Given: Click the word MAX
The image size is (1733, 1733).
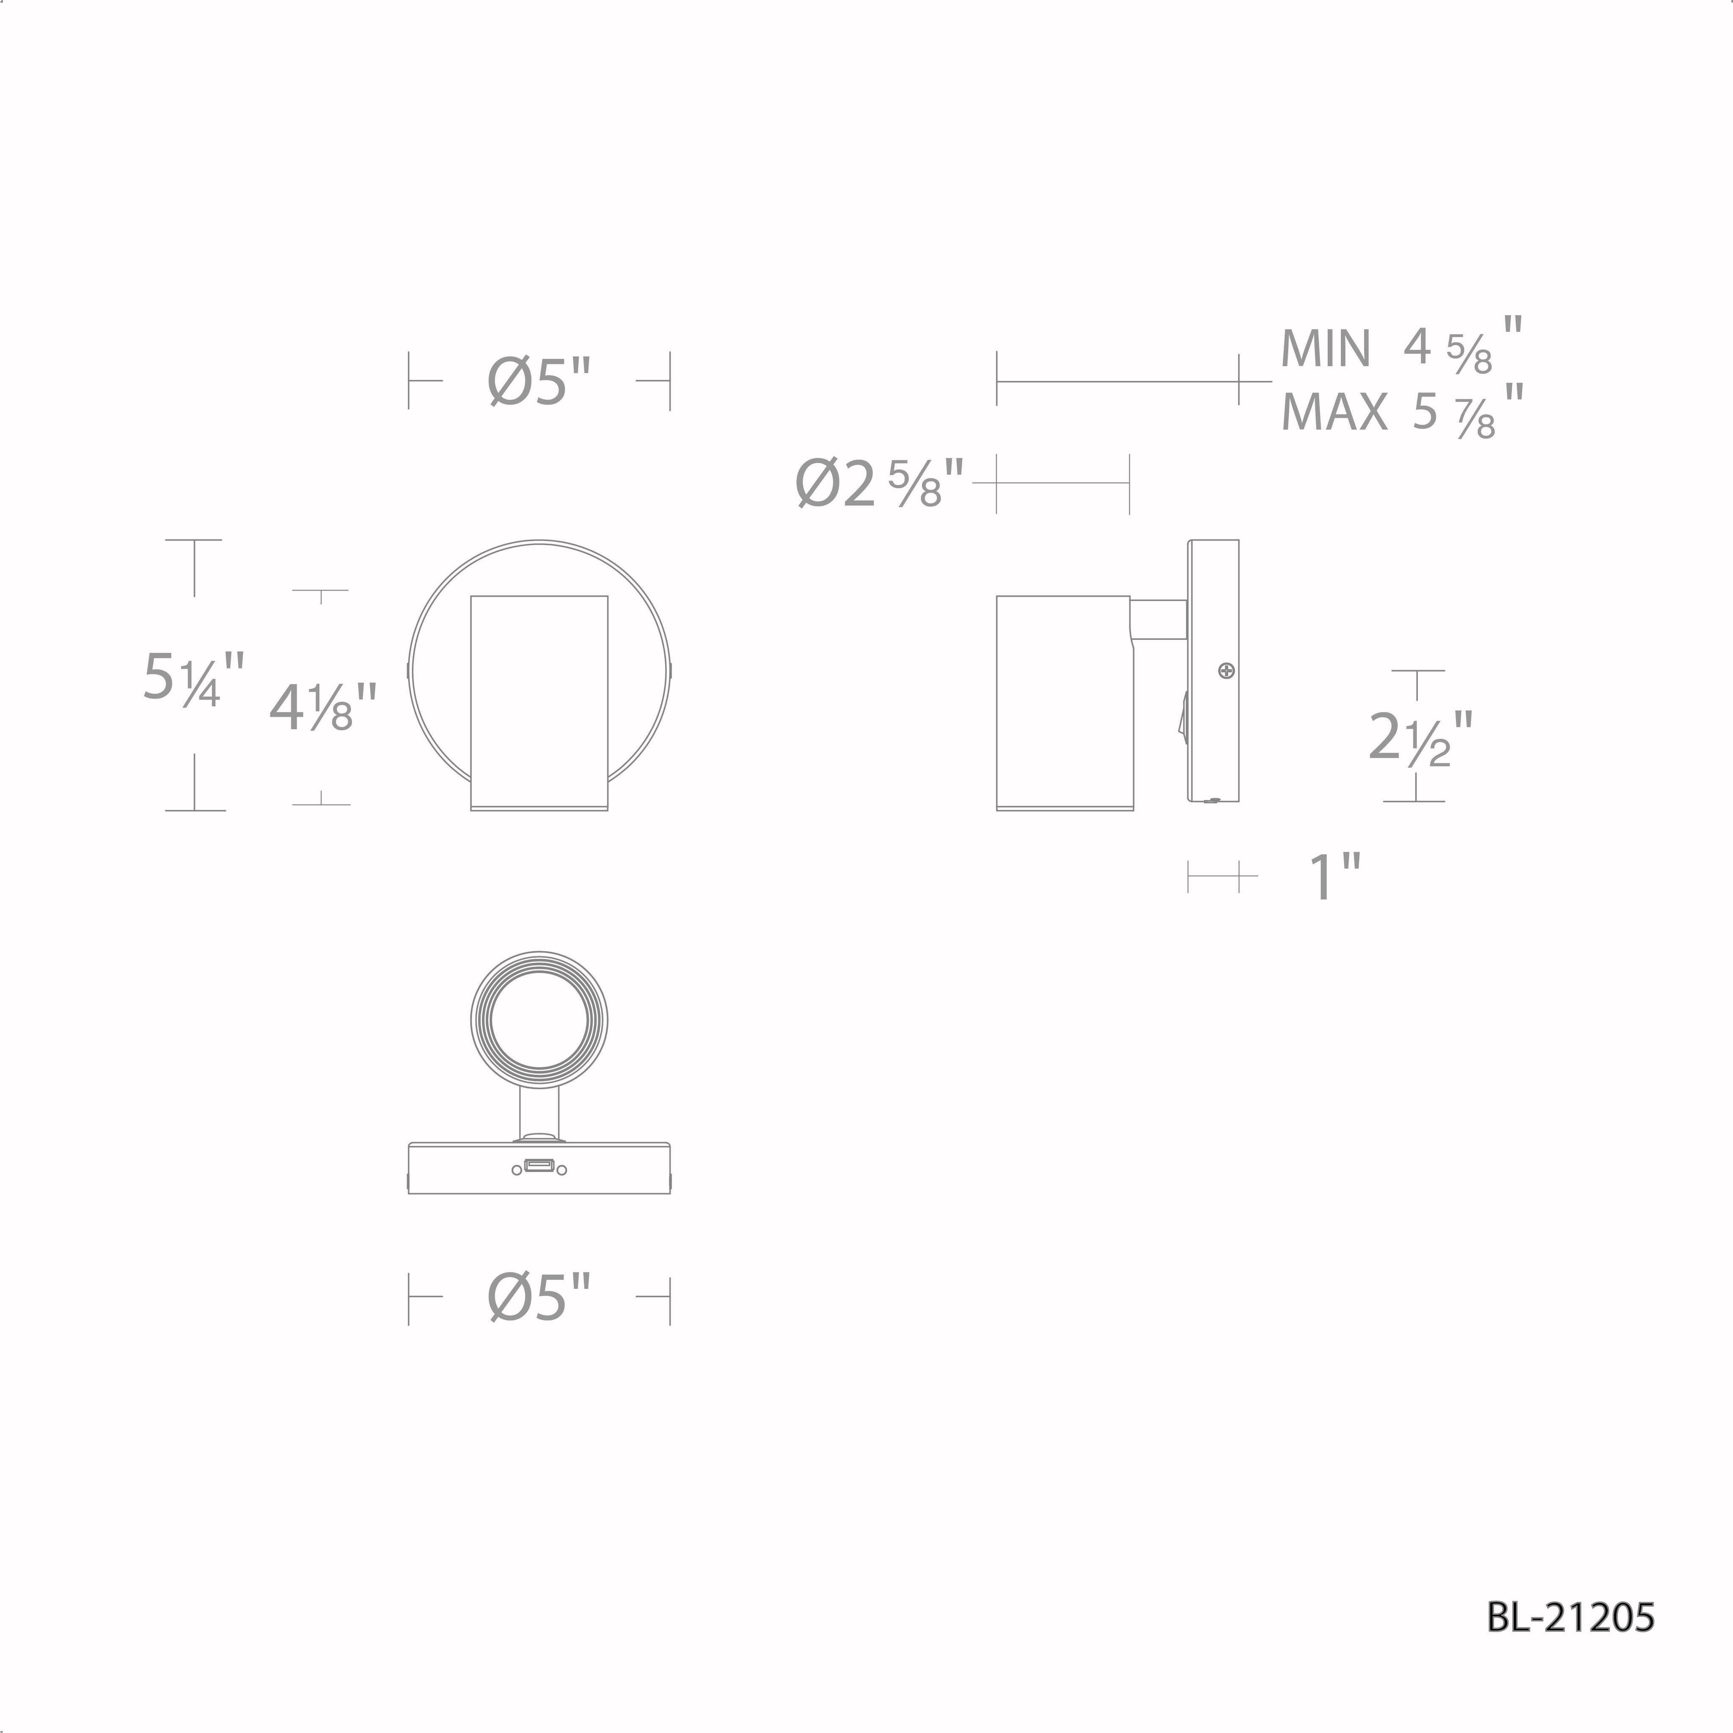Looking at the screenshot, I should click(1334, 412).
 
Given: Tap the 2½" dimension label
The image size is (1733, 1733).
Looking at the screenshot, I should click(1421, 737).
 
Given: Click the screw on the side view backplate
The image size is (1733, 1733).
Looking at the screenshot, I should click(1226, 670).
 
